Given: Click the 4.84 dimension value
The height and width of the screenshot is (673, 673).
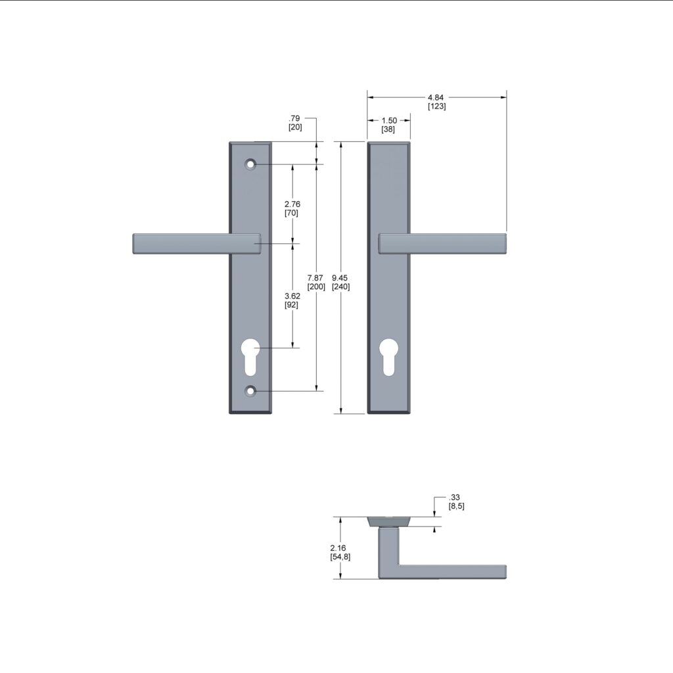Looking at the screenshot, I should [436, 97].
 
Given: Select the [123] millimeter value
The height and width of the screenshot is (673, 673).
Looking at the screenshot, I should [436, 106].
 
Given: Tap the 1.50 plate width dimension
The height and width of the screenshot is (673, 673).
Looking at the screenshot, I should [388, 120].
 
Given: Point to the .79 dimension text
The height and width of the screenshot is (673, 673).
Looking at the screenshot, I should [295, 118].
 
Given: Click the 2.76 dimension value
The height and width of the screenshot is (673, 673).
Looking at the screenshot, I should [292, 204].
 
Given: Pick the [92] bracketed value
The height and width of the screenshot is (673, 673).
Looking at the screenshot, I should [292, 305].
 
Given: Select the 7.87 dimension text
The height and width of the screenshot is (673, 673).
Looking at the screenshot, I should [317, 279].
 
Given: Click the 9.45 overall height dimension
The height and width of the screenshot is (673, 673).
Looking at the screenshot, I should [341, 279].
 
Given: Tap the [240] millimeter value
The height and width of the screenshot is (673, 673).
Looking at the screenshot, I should [341, 287].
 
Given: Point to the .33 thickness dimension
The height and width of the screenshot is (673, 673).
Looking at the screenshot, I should [453, 498].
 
